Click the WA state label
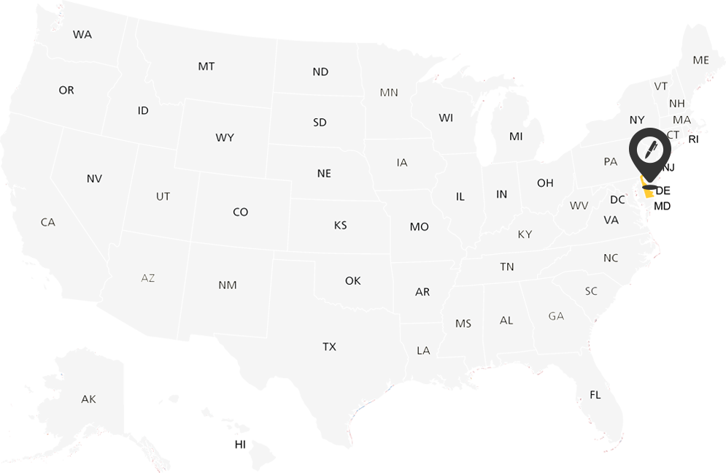pyautogui.click(x=82, y=34)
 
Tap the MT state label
pyautogui.click(x=206, y=66)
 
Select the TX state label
pyautogui.click(x=330, y=347)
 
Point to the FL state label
pyautogui.click(x=595, y=395)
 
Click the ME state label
pyautogui.click(x=701, y=60)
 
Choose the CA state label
pyautogui.click(x=48, y=222)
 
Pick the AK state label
pyautogui.click(x=88, y=399)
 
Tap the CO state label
pyautogui.click(x=241, y=212)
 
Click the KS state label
pyautogui.click(x=341, y=226)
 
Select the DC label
pyautogui.click(x=617, y=200)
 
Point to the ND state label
pyautogui.click(x=320, y=72)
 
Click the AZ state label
pyautogui.click(x=148, y=278)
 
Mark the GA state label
pyautogui.click(x=556, y=316)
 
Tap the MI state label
pyautogui.click(x=516, y=136)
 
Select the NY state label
pyautogui.click(x=637, y=120)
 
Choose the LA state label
pyautogui.click(x=423, y=350)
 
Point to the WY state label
pyautogui.click(x=225, y=137)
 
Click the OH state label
pyautogui.click(x=545, y=182)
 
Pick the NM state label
pyautogui.click(x=228, y=285)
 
